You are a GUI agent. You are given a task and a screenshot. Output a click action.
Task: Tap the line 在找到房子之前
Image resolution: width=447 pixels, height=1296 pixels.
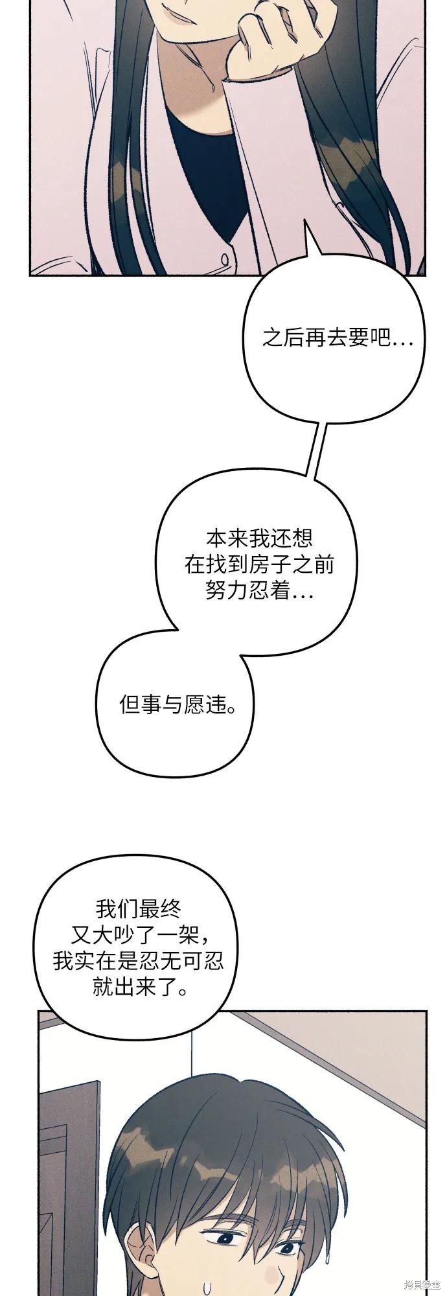click(x=260, y=565)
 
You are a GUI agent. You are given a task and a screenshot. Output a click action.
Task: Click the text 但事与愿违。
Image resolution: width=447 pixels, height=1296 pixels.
click(x=178, y=704)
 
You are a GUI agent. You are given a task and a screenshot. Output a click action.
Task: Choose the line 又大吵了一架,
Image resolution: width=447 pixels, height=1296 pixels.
click(x=139, y=935)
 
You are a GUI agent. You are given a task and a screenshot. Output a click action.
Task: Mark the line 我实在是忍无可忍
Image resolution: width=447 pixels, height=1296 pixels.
click(x=139, y=962)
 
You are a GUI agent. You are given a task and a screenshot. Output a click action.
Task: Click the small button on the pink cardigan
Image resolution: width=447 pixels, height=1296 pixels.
click(x=224, y=259)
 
